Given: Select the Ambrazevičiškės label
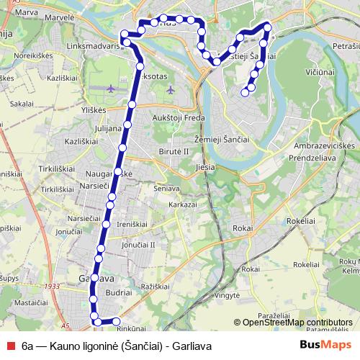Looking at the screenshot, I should pos(325,145).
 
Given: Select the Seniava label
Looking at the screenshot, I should pos(166,188).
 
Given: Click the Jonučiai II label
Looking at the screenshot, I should pos(138,245).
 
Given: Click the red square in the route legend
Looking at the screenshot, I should pos(9,345).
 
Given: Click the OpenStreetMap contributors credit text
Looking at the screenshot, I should pos(297,323).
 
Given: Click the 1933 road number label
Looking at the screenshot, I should pos(51,287).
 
